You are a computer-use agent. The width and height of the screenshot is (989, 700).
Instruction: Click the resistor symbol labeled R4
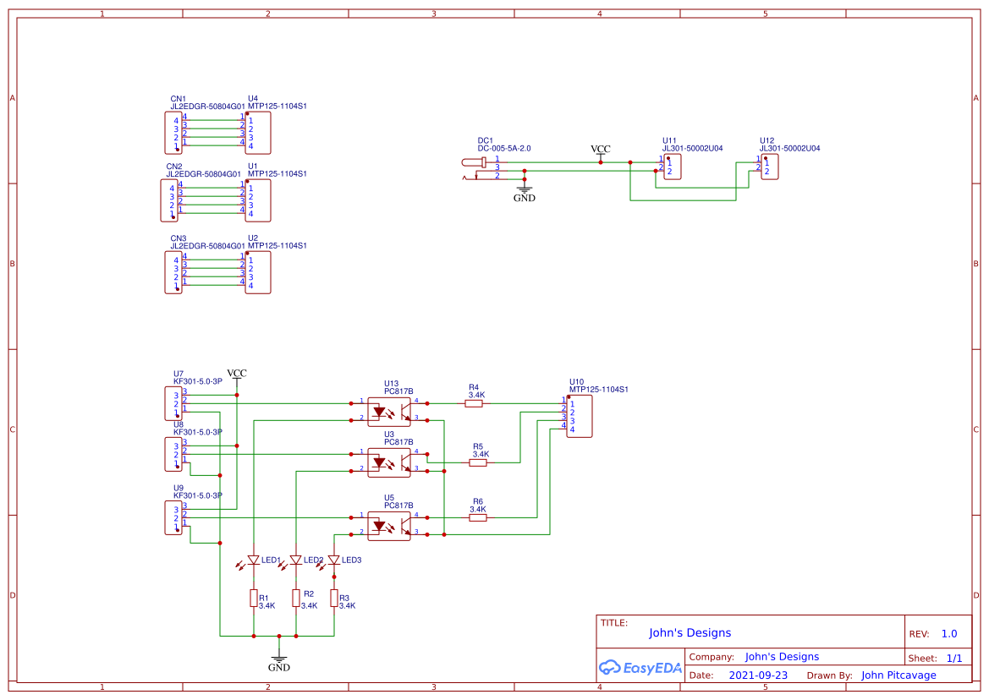click(475, 404)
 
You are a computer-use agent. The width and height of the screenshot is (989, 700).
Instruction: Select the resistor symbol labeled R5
click(479, 462)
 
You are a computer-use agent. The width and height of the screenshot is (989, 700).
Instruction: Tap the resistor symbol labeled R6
click(478, 517)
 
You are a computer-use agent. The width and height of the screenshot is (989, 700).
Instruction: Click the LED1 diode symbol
click(253, 560)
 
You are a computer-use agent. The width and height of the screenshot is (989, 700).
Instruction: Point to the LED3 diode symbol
click(334, 560)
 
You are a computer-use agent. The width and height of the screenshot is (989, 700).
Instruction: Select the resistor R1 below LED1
click(253, 599)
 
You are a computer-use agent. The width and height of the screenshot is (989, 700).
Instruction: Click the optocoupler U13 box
click(389, 412)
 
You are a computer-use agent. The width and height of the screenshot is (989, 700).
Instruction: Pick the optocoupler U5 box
click(389, 526)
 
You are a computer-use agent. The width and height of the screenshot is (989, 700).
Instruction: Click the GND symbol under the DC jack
click(525, 193)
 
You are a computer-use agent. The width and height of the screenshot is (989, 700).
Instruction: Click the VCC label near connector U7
click(237, 374)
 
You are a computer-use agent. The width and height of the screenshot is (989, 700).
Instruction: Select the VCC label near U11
click(600, 150)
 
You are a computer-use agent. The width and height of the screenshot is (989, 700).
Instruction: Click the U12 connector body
click(770, 167)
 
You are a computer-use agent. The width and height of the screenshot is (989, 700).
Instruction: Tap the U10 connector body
click(580, 416)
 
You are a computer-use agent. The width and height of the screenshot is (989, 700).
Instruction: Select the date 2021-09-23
click(758, 675)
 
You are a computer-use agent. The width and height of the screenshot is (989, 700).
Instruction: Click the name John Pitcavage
click(898, 675)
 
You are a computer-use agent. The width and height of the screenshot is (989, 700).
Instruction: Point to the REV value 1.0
click(948, 633)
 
